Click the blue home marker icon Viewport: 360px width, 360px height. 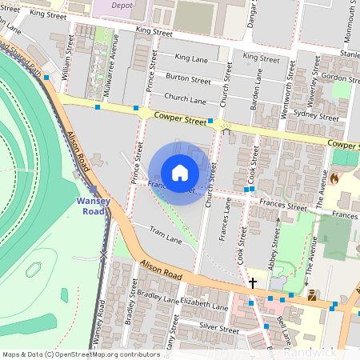point(180,172)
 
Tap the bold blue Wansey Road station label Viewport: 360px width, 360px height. point(93,206)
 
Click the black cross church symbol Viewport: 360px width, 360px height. point(253,282)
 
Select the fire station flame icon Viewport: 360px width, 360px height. point(334,179)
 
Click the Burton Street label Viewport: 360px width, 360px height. point(189,79)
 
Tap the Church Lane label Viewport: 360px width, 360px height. point(186,99)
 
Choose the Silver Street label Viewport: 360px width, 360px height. point(219,328)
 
